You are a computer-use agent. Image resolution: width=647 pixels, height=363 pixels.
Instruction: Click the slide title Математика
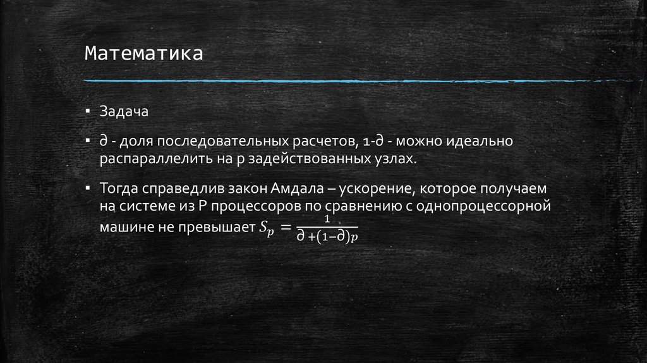point(144,53)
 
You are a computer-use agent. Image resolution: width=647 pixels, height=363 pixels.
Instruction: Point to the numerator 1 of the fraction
point(327,219)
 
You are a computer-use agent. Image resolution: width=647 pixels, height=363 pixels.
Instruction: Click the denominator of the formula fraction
point(327,237)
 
